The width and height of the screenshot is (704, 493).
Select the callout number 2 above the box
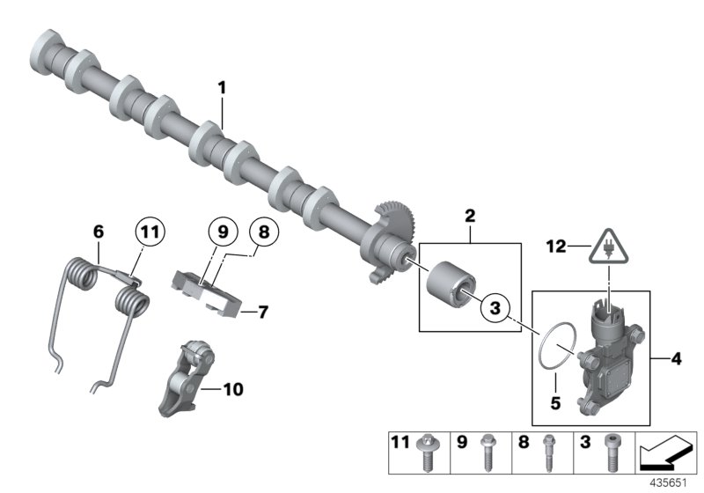point(470,215)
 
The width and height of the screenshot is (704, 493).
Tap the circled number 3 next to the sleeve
point(496,308)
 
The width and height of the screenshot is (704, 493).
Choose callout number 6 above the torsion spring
point(99,232)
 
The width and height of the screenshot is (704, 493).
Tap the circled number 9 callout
point(223,232)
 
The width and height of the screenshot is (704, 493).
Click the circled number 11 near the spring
point(150,232)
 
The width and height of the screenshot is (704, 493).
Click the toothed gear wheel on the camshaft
point(394,224)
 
